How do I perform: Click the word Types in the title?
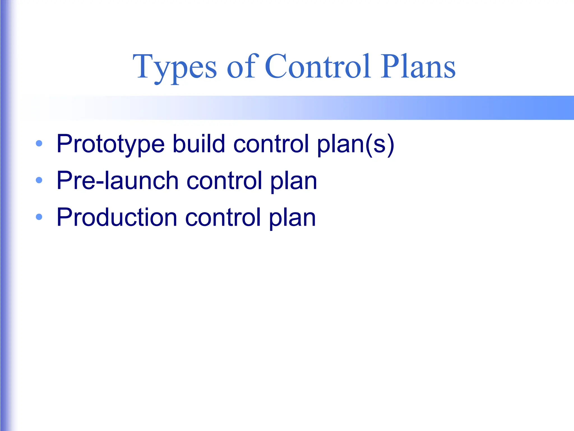click(x=175, y=67)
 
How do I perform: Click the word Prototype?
click(x=110, y=144)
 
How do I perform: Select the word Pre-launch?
click(x=117, y=180)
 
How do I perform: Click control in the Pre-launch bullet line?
click(x=224, y=180)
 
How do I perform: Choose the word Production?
click(x=117, y=217)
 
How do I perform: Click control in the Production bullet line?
click(x=223, y=217)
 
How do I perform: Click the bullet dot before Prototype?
click(x=39, y=144)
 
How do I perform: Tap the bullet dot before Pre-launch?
click(x=39, y=180)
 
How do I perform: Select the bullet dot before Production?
click(x=39, y=217)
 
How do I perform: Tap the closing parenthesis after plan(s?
click(x=391, y=144)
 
